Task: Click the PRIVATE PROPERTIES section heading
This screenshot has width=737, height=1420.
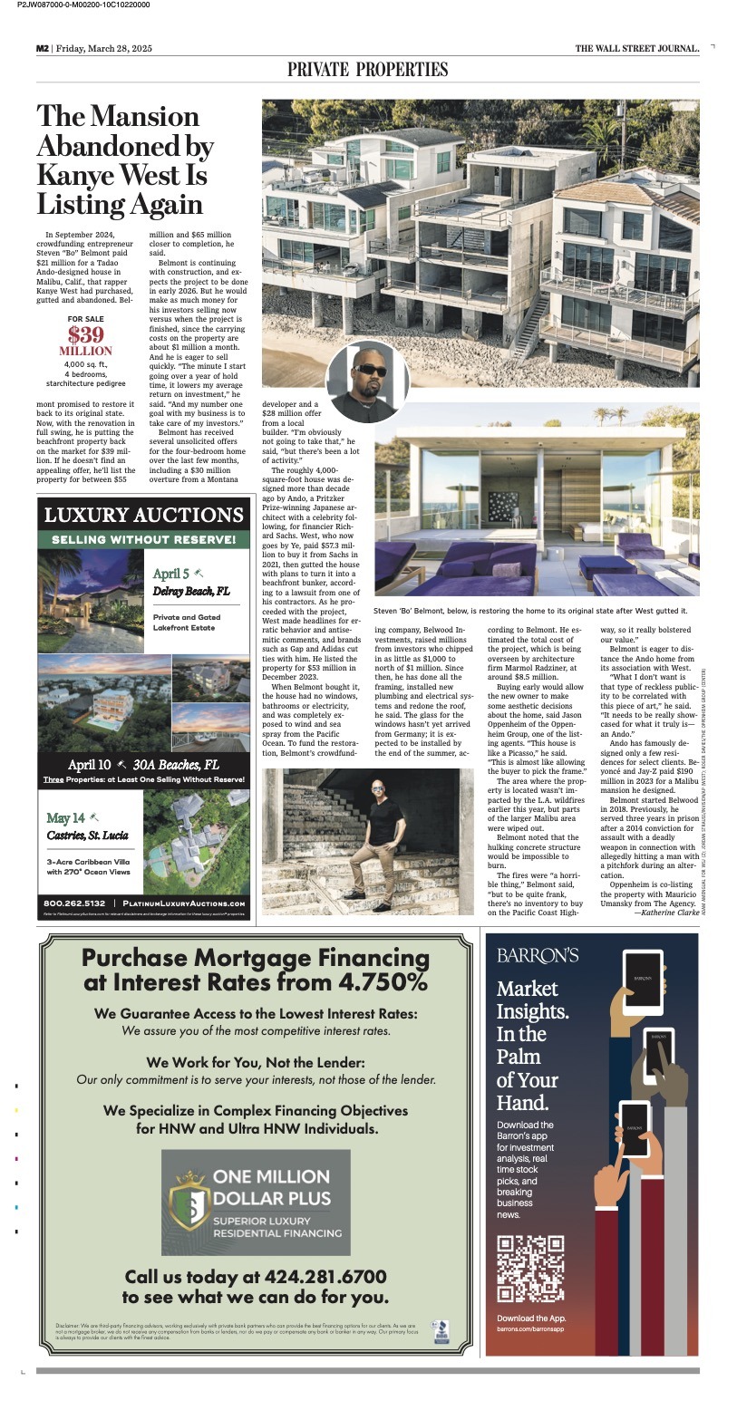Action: (x=367, y=70)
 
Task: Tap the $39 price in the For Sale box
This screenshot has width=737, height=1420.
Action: (x=85, y=333)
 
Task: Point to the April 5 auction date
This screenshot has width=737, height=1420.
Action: (x=171, y=574)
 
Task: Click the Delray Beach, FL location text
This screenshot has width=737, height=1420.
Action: (x=190, y=592)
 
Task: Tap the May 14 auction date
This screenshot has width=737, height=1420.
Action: (x=65, y=818)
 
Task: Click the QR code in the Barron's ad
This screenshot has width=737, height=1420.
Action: (x=531, y=1268)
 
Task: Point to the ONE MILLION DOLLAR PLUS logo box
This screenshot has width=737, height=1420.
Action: (x=255, y=1203)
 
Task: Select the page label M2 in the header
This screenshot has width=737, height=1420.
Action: (x=42, y=49)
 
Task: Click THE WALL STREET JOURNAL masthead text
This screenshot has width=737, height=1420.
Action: (x=636, y=49)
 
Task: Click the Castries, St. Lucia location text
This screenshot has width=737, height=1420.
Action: (x=89, y=835)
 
